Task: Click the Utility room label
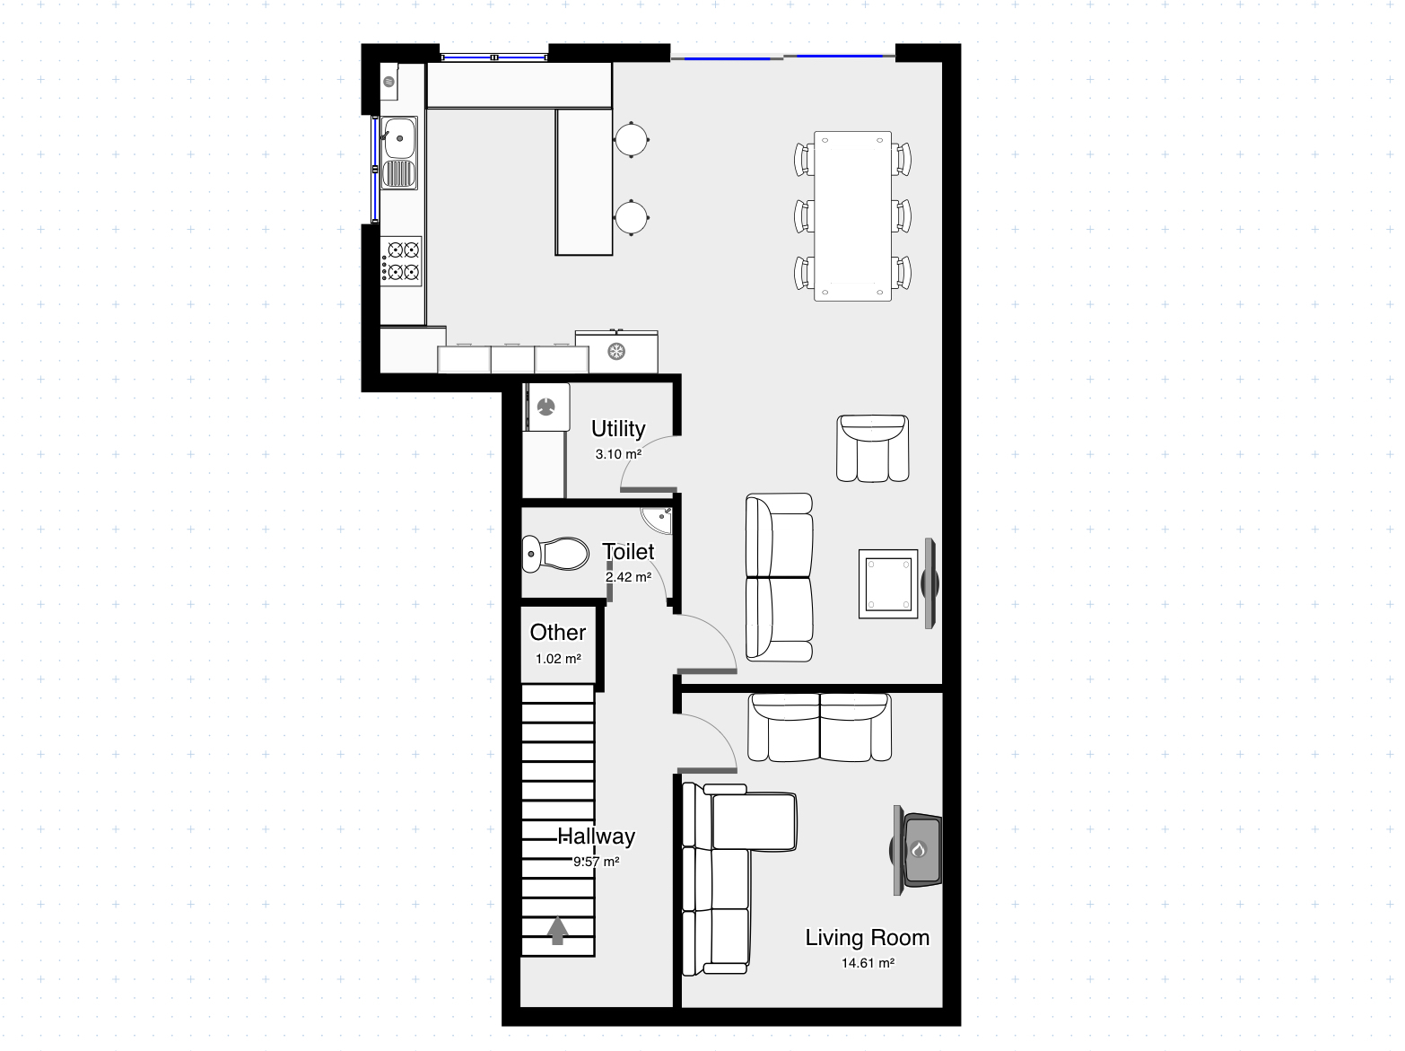click(617, 429)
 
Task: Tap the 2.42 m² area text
click(628, 577)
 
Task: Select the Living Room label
click(867, 938)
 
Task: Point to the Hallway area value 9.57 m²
click(596, 862)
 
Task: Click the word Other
click(557, 633)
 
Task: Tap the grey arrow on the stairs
click(557, 930)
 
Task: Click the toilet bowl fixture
click(555, 554)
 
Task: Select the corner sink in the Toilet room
click(658, 520)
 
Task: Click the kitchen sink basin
click(398, 137)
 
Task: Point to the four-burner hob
click(401, 261)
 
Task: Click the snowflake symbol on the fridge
click(615, 352)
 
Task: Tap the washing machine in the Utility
click(546, 407)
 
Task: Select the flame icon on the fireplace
click(919, 849)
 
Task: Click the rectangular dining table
click(852, 215)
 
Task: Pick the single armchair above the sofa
click(872, 448)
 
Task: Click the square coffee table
click(888, 583)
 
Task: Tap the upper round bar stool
click(631, 139)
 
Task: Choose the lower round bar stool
click(631, 217)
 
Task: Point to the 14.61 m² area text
click(868, 963)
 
